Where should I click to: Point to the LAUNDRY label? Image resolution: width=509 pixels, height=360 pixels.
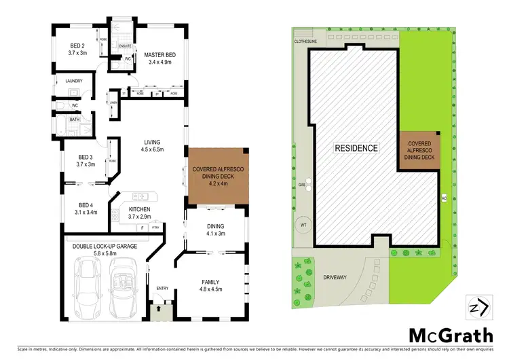coord(73,81)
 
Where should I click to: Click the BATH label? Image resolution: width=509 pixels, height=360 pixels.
coord(74,120)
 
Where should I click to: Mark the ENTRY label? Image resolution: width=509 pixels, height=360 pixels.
coord(162,289)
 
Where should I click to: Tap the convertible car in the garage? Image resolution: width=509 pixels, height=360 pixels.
coord(125,286)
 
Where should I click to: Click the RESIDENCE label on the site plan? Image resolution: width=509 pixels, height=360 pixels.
coord(356,147)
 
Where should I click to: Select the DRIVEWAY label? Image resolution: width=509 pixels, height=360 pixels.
coord(337,278)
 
